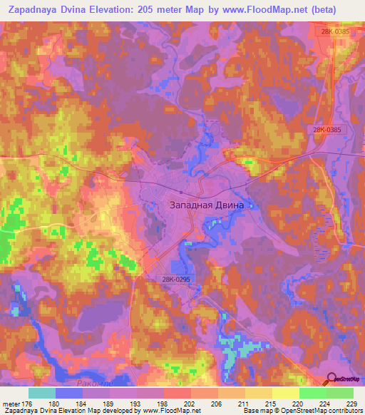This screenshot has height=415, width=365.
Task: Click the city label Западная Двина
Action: (x=207, y=205)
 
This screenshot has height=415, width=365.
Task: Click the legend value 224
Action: (x=327, y=404)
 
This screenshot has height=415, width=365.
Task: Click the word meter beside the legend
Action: (x=12, y=404)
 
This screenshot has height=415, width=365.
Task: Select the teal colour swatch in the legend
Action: (x=42, y=393)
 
